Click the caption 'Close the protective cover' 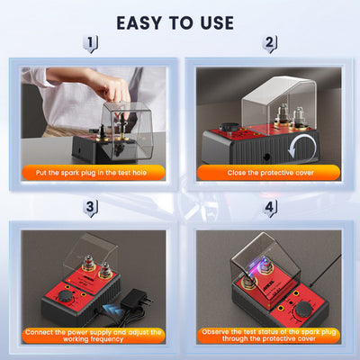271,171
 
